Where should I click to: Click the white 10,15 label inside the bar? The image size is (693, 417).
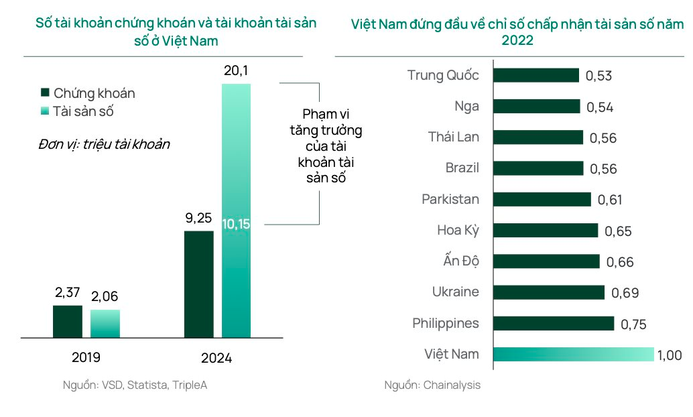point(236,224)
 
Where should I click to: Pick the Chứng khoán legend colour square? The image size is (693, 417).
point(45,93)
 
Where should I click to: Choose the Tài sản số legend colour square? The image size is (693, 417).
point(45,111)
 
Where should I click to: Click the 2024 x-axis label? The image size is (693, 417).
point(216,358)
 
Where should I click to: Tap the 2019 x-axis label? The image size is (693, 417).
point(86,357)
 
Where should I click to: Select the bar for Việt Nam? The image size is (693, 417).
point(573,355)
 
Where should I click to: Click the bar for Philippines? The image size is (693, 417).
point(554,323)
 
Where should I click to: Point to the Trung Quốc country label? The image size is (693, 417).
point(443,75)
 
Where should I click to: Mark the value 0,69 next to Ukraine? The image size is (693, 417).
point(625,293)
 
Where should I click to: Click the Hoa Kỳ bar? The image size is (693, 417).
point(546,231)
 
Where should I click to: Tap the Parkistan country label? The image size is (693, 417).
point(450,199)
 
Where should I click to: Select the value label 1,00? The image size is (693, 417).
point(670,355)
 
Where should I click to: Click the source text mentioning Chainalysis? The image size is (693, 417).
point(432,385)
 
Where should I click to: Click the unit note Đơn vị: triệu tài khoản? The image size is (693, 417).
point(104,144)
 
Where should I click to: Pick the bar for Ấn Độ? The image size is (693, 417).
point(546,261)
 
